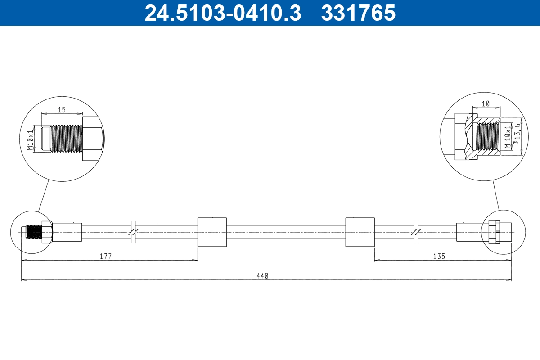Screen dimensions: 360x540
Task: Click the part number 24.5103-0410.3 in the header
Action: click(222, 13)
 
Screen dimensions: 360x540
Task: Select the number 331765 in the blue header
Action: click(358, 13)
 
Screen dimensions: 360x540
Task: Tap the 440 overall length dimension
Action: click(263, 276)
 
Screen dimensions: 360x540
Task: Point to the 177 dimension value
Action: click(106, 256)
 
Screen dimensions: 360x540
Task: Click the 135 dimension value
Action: click(439, 256)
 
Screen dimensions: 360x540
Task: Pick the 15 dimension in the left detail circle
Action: click(62, 109)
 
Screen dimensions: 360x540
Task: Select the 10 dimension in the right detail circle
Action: click(486, 104)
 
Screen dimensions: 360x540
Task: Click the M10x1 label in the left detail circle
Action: click(30, 140)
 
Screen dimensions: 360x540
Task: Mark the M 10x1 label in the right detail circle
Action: click(508, 137)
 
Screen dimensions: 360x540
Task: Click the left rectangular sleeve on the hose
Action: click(211, 232)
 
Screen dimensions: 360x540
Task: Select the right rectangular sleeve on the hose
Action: click(360, 232)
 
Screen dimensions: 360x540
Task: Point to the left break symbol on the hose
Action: click(133, 232)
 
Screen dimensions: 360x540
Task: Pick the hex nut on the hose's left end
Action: click(47, 232)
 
